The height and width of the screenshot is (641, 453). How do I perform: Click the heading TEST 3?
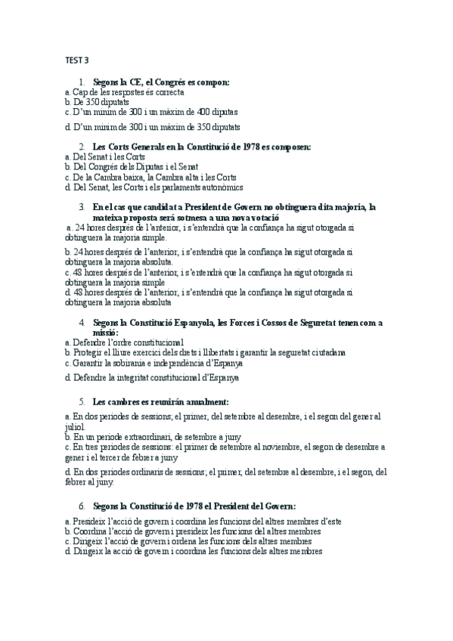76,61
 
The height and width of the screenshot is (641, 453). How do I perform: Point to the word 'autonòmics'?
222,187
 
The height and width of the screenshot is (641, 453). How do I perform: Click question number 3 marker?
81,207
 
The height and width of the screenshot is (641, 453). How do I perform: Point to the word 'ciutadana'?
326,351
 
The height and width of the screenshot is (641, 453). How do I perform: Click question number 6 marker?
81,505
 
